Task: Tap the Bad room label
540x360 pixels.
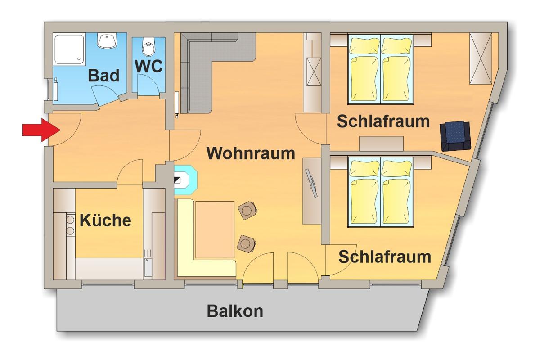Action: click(x=104, y=76)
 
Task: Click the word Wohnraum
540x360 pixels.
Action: click(x=251, y=153)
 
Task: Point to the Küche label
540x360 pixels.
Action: click(x=105, y=220)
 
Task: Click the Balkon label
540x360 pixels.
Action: click(x=235, y=311)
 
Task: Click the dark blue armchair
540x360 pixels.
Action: click(x=456, y=135)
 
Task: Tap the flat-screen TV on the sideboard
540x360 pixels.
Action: click(x=311, y=182)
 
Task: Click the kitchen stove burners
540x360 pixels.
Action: click(x=70, y=225)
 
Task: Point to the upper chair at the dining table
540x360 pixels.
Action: click(x=247, y=210)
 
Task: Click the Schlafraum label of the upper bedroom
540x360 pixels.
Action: click(x=383, y=121)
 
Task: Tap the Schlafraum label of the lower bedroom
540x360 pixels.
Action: click(x=385, y=257)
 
